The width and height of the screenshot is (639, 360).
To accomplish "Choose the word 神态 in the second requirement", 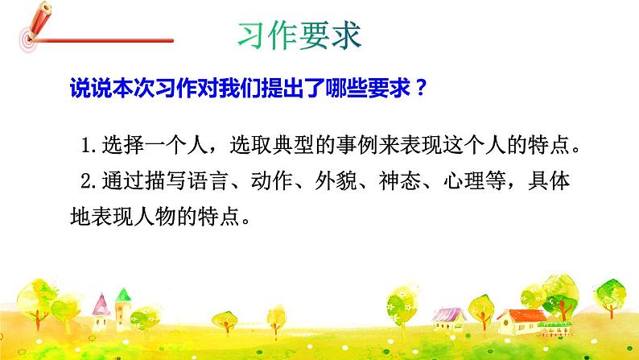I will (x=427, y=182).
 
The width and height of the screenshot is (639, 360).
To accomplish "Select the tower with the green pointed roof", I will (x=123, y=309).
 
